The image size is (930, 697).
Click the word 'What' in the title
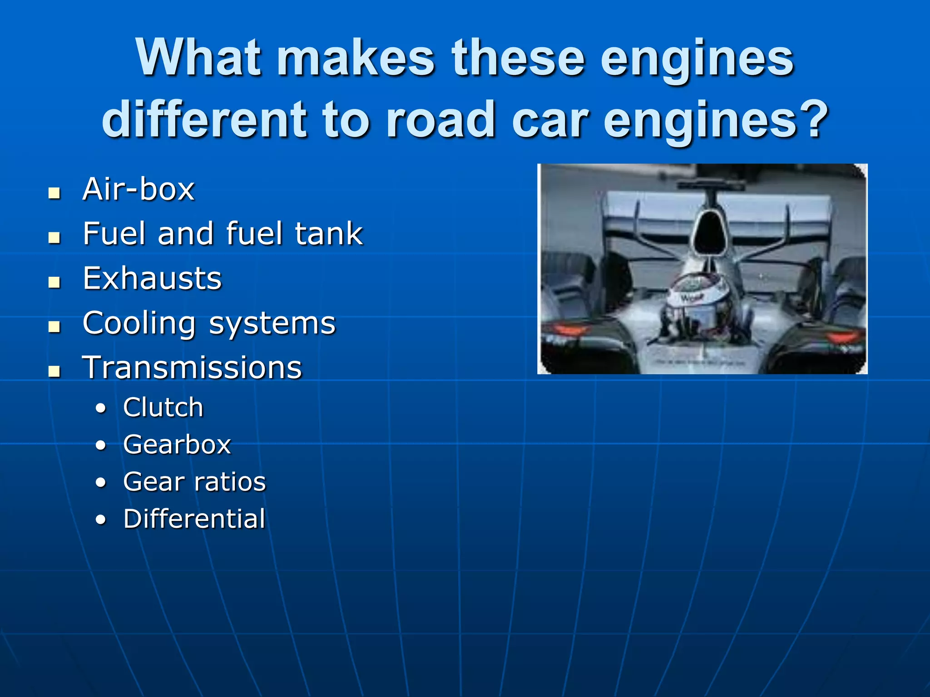tap(198, 58)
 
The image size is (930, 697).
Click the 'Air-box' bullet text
tap(139, 189)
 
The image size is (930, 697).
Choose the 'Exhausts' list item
tap(152, 278)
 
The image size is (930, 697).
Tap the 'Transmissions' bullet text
tap(192, 368)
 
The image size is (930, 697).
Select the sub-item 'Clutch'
tap(163, 407)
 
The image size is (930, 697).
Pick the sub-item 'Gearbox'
tap(177, 444)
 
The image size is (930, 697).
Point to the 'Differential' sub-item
tap(194, 519)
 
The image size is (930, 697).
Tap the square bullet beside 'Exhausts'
tap(54, 282)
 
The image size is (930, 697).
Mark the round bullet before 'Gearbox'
tap(101, 445)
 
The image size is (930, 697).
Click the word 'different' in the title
tap(204, 119)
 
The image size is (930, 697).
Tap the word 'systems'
tap(272, 324)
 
